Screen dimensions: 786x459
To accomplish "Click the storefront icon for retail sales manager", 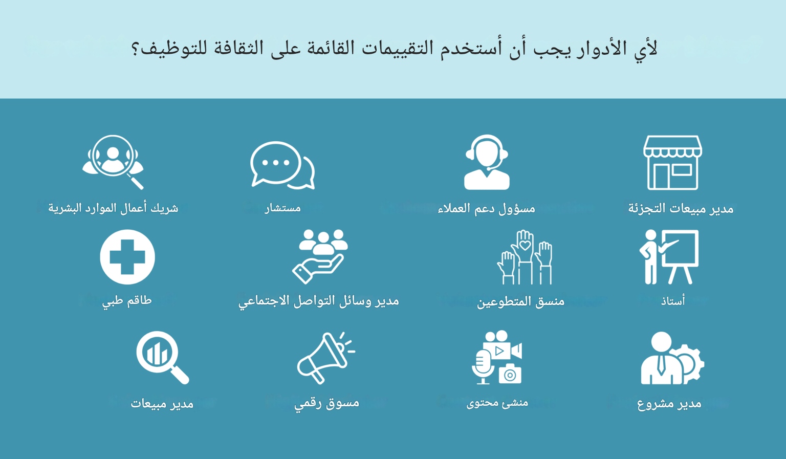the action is tap(672, 163).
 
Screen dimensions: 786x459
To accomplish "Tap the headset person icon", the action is tap(487, 162).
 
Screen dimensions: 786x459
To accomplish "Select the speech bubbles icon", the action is tap(282, 165).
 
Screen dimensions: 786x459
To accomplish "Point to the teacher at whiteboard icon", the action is tap(669, 257).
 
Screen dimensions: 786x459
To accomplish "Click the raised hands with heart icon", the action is tap(525, 257).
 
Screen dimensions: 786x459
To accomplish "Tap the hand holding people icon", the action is tap(320, 256).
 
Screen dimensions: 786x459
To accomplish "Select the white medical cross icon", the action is tap(127, 257).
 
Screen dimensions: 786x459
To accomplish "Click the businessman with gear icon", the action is tap(672, 358).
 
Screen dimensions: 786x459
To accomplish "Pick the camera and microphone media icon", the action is tap(497, 357).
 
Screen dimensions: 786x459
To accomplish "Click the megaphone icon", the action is tap(326, 358).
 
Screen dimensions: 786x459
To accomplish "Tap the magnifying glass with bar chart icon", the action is tap(162, 358).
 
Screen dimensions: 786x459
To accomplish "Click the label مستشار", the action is tap(282, 208).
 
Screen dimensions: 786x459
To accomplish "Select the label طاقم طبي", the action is tap(127, 301).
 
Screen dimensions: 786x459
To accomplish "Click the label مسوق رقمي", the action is tap(326, 404).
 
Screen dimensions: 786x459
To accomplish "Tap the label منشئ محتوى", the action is tap(497, 403).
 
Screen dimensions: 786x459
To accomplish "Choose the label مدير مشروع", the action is tap(669, 404).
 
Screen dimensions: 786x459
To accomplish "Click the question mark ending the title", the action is tap(135, 49).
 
